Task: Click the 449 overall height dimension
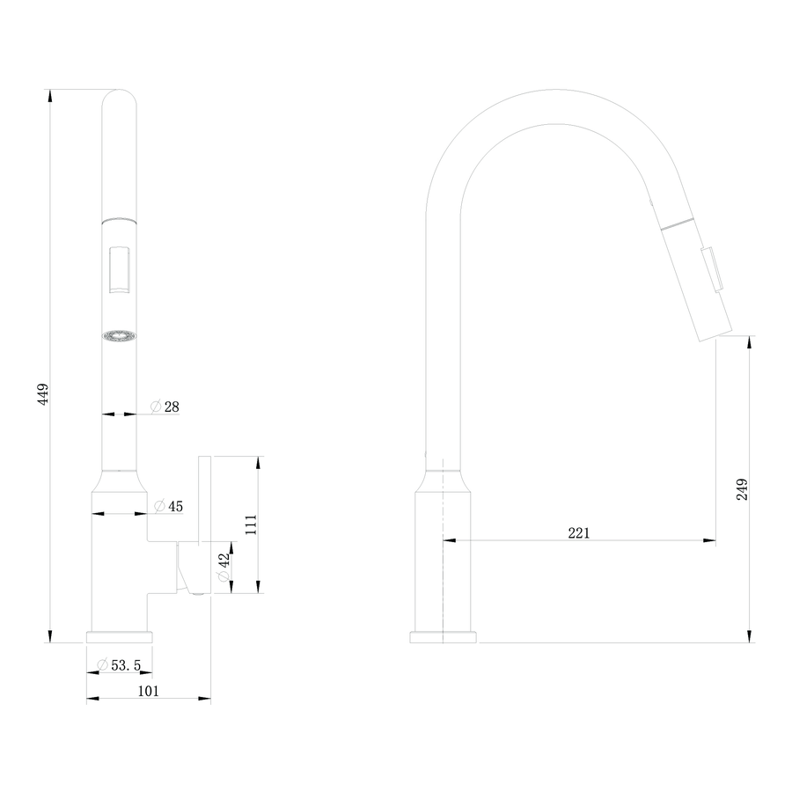43,394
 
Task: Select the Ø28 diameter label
165,407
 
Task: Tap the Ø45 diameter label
169,506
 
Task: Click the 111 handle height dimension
251,524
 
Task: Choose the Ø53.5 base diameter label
119,665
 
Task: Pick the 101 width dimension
149,691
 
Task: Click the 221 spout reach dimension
579,533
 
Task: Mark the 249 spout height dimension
742,489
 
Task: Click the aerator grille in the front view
119,337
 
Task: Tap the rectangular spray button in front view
119,269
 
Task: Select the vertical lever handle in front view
204,500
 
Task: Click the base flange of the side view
443,637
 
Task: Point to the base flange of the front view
119,637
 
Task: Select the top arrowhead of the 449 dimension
49,96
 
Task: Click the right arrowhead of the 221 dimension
709,540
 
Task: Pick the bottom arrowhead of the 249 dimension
750,636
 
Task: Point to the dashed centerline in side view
443,551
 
